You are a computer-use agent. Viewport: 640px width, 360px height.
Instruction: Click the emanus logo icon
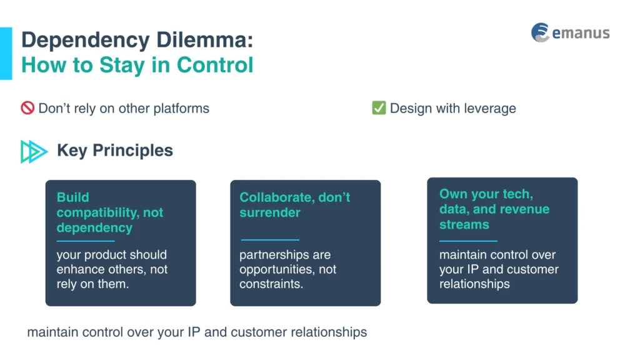[x=540, y=32]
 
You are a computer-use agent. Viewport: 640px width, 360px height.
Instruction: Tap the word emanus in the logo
[x=581, y=33]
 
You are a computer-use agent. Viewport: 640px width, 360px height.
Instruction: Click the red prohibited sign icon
[x=27, y=108]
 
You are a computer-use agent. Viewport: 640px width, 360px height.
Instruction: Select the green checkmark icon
[x=379, y=108]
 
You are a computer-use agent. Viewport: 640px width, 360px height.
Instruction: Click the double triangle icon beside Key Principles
[x=34, y=151]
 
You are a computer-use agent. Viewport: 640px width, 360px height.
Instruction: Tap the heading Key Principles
[x=115, y=151]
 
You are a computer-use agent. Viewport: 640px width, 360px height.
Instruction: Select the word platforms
[x=181, y=108]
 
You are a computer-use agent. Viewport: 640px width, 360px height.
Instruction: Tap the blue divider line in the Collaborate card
[x=270, y=239]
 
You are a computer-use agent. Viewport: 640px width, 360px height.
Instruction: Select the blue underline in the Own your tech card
[x=468, y=241]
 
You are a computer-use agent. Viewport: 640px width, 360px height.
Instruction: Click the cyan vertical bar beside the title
[x=6, y=53]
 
